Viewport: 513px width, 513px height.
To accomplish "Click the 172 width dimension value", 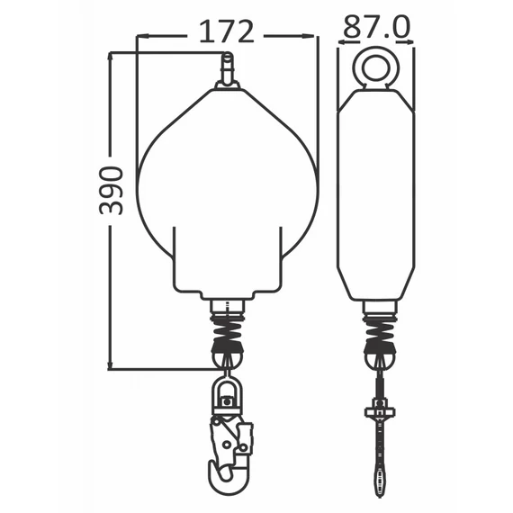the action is point(227,31).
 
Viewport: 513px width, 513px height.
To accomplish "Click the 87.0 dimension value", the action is point(376,26).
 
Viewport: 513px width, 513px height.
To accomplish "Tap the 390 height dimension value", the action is point(112,191).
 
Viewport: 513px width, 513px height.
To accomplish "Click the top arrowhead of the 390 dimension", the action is point(111,58).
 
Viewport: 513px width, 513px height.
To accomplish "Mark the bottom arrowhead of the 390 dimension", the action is point(111,364).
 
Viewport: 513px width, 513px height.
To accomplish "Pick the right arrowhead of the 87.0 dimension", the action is point(408,42).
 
